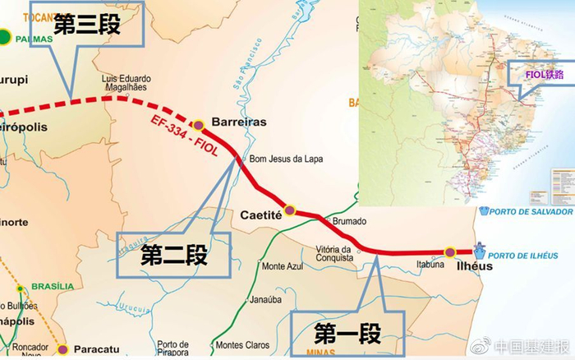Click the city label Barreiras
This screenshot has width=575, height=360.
(239, 122)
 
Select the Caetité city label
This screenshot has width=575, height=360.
(261, 214)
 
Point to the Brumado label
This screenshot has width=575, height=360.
(349, 222)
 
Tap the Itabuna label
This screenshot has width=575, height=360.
(430, 265)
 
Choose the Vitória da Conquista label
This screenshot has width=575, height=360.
(335, 253)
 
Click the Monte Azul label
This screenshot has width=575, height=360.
(283, 267)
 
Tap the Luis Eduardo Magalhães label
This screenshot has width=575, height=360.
(128, 85)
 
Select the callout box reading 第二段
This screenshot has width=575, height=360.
(173, 255)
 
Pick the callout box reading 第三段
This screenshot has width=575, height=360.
(87, 25)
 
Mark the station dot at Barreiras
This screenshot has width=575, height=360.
(198, 125)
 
